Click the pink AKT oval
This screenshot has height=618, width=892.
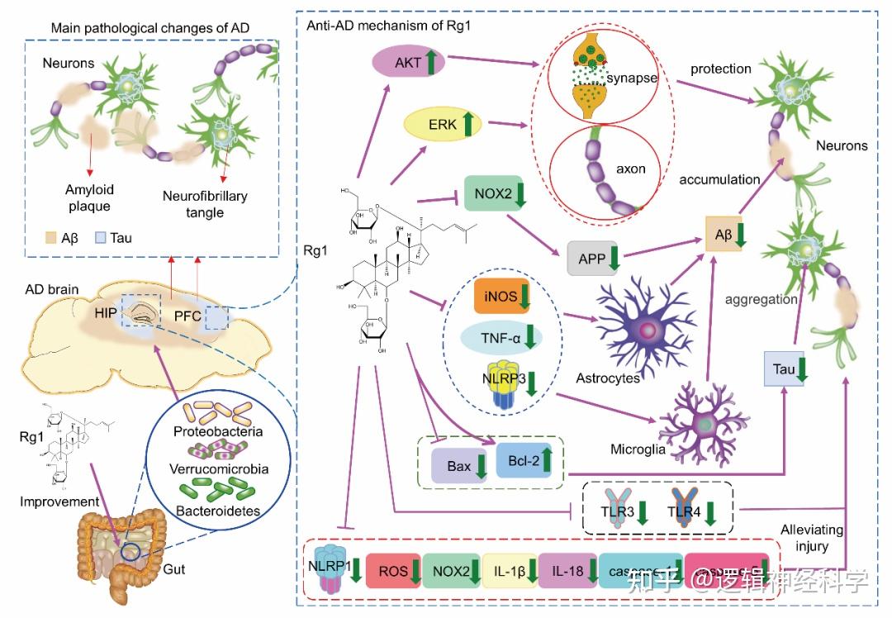408,62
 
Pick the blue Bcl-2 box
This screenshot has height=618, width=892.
524,462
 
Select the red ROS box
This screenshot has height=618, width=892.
393,571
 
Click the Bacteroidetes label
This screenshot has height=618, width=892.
217,511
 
